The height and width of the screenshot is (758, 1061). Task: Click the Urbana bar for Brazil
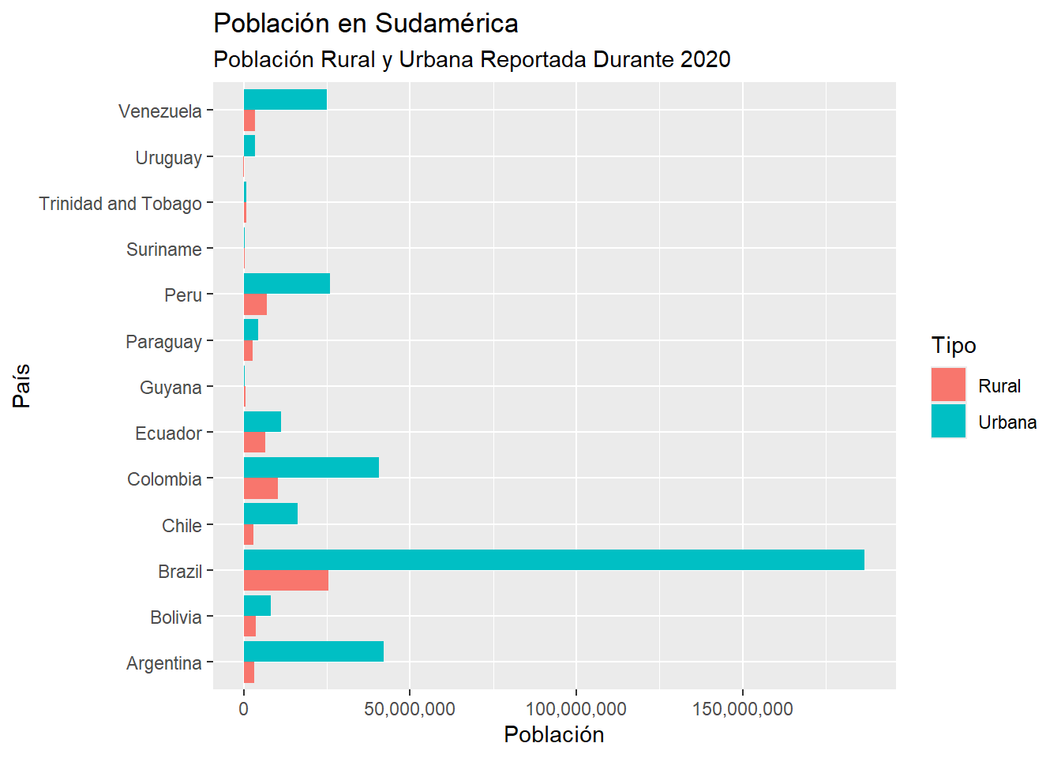click(x=553, y=560)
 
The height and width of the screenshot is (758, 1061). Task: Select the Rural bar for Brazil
click(x=286, y=580)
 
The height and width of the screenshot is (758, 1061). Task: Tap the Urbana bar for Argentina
click(x=313, y=651)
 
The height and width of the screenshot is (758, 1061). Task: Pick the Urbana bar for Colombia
click(x=311, y=467)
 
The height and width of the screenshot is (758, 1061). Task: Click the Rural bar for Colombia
click(x=261, y=489)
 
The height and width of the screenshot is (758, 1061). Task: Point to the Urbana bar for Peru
click(x=287, y=283)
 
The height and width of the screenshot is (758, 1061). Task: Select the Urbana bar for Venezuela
click(x=285, y=99)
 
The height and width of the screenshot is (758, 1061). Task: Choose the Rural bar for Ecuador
click(x=254, y=443)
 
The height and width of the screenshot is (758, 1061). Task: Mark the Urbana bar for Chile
click(x=271, y=514)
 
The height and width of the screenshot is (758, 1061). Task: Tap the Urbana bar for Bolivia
click(x=257, y=606)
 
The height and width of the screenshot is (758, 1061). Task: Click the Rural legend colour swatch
click(x=948, y=385)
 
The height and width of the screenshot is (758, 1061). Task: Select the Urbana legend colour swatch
click(x=948, y=422)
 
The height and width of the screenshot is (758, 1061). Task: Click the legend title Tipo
click(x=954, y=346)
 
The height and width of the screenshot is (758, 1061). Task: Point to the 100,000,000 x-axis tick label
click(x=576, y=709)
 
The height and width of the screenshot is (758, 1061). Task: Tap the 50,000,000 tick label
click(x=410, y=709)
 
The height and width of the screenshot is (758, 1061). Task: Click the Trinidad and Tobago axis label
click(x=121, y=204)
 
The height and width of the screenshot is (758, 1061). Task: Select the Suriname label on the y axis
click(x=164, y=250)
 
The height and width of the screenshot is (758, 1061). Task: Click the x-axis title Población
click(x=554, y=735)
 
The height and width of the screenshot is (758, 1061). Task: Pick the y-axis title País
click(x=22, y=385)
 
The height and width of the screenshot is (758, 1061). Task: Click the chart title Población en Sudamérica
click(x=366, y=24)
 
